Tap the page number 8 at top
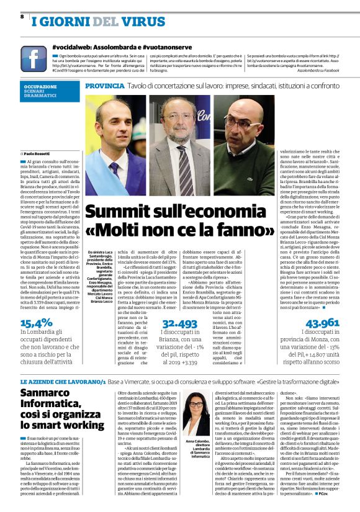22,17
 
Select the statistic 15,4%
37,322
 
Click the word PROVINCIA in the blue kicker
105,84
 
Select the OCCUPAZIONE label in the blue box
41,87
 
